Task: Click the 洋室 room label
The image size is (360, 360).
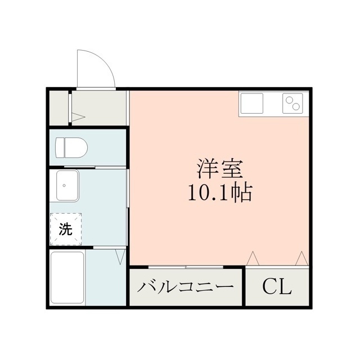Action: (x=220, y=169)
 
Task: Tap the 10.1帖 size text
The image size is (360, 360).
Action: (x=220, y=193)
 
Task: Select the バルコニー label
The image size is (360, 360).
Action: (x=186, y=287)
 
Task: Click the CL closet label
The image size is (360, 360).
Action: (x=277, y=286)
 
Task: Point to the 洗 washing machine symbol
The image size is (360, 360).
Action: (x=66, y=229)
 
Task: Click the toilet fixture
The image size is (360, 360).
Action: (x=71, y=147)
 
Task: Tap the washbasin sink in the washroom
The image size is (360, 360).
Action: (x=67, y=186)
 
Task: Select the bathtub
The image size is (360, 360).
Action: (x=67, y=277)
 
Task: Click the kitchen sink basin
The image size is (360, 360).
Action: (x=252, y=103)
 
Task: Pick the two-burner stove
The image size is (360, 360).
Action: (x=292, y=103)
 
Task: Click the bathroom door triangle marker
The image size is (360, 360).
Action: (x=120, y=256)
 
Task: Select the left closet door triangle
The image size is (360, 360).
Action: (x=253, y=258)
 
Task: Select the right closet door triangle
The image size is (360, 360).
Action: (x=301, y=258)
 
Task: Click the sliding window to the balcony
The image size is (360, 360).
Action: (x=186, y=267)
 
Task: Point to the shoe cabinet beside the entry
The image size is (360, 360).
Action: (x=58, y=108)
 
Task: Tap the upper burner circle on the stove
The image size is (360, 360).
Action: (x=289, y=100)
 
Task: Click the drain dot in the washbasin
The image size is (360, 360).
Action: (x=64, y=185)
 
